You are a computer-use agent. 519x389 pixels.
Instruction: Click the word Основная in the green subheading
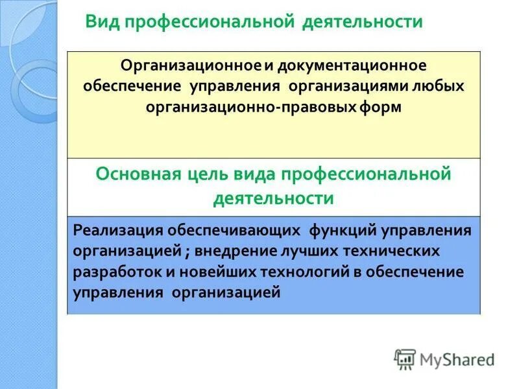[x=134, y=174]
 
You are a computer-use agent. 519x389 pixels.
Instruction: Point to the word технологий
[x=304, y=272]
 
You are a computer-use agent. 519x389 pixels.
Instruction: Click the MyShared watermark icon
[x=405, y=359]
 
